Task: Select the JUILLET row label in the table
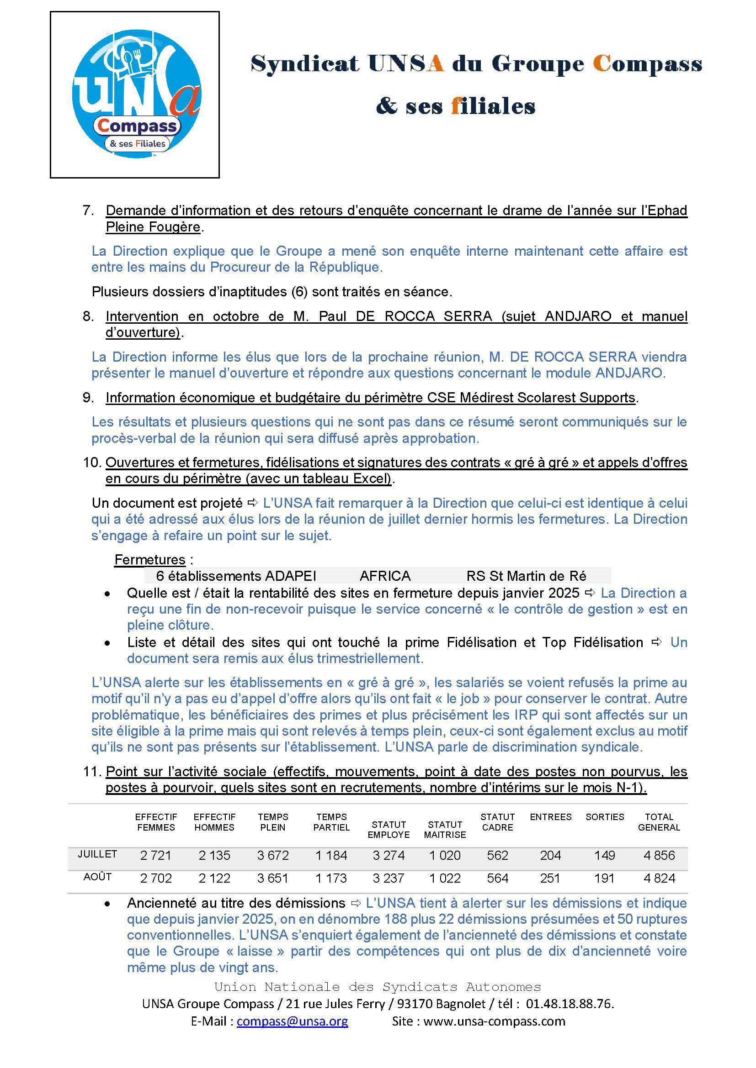coord(97,854)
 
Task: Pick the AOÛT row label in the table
coord(97,877)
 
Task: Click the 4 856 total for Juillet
coord(659,855)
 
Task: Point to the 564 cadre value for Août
coord(497,878)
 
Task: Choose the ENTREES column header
coord(550,817)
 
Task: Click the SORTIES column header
coord(605,817)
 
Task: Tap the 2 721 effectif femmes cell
coord(155,855)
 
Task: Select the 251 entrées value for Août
coord(550,878)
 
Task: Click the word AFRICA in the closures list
coord(385,576)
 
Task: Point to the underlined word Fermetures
coord(150,560)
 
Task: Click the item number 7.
coord(87,210)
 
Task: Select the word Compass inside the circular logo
coord(137,126)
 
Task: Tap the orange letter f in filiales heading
coord(456,106)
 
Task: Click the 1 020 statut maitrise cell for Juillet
coord(445,855)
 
